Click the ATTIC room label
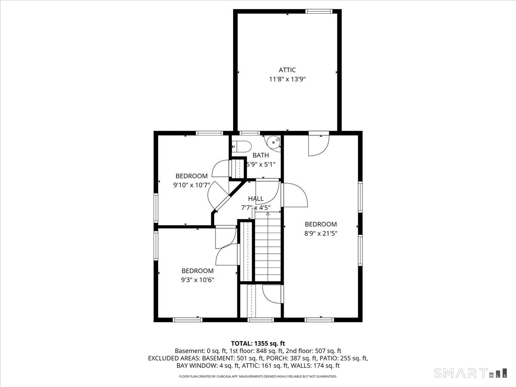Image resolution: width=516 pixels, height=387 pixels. point(287,70)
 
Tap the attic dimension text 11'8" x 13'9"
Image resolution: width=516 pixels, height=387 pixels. point(287,80)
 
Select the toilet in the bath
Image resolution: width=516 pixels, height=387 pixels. point(241,147)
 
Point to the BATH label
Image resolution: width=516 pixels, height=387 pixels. point(261,155)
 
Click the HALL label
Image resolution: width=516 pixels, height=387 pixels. point(256,199)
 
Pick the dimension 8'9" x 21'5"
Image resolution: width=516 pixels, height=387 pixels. point(321,233)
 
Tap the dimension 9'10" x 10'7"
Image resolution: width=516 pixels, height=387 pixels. point(191,185)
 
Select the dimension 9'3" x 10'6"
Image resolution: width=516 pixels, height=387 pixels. point(197,280)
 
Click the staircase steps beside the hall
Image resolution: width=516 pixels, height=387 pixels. point(268,246)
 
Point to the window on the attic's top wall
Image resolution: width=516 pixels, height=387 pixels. point(319,11)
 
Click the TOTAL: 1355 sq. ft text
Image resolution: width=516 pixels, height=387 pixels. point(258,344)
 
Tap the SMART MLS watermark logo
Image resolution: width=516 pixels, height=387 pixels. point(470,373)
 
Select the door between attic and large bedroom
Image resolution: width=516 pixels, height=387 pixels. point(319,143)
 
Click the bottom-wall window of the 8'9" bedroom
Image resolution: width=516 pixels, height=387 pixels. point(319,320)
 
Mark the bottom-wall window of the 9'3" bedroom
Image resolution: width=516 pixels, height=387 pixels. point(187,320)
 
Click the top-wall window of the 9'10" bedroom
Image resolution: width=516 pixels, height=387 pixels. point(209,133)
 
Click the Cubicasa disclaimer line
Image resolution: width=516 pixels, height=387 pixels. point(258,376)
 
